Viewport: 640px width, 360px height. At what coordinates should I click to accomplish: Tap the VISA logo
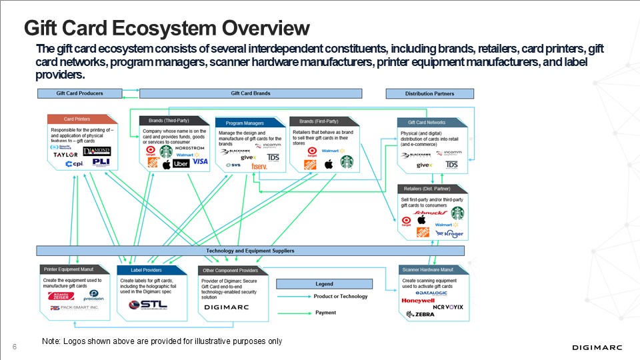pyautogui.click(x=201, y=162)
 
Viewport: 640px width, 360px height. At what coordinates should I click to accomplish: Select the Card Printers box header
pyautogui.click(x=77, y=119)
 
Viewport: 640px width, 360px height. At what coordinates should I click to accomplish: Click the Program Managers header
pyautogui.click(x=245, y=123)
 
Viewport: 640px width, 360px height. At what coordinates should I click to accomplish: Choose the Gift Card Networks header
pyautogui.click(x=427, y=123)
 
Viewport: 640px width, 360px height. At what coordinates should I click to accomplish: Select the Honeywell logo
pyautogui.click(x=418, y=301)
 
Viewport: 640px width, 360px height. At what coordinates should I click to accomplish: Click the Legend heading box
pyautogui.click(x=324, y=284)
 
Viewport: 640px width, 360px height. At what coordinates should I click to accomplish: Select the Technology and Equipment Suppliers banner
pyautogui.click(x=250, y=251)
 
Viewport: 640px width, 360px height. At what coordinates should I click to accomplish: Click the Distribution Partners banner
pyautogui.click(x=429, y=93)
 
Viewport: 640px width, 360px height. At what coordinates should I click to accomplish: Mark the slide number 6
pyautogui.click(x=14, y=345)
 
